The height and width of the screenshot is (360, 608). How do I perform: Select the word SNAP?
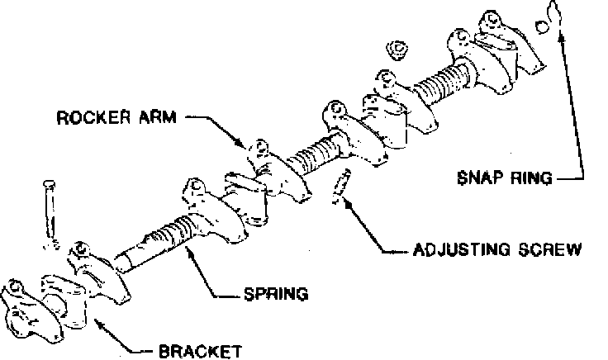[x=479, y=177]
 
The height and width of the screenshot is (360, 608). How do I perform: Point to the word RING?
[x=531, y=177]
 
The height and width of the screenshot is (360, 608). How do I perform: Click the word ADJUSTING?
[x=454, y=248]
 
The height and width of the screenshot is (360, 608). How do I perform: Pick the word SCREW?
[x=546, y=248]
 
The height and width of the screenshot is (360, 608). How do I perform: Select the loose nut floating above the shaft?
[x=397, y=49]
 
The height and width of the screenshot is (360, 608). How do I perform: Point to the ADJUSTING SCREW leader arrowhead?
[x=351, y=202]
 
